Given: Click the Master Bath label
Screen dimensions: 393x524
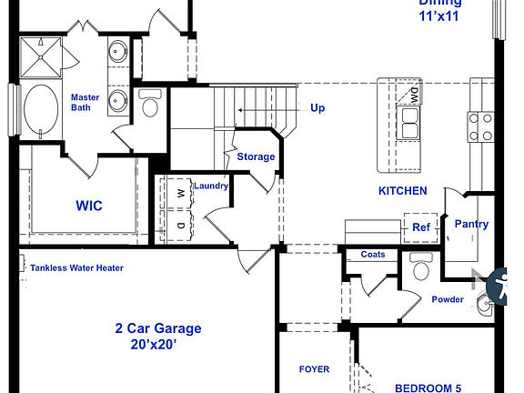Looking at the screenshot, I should click(x=86, y=102).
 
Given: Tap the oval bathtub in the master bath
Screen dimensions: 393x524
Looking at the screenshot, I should click(x=39, y=110).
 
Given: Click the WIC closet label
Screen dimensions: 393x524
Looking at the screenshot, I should click(x=89, y=206).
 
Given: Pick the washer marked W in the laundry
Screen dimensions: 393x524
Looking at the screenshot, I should click(x=180, y=195).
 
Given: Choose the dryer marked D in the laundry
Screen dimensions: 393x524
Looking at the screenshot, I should click(x=180, y=225).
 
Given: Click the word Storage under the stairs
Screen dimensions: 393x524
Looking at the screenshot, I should click(x=256, y=156).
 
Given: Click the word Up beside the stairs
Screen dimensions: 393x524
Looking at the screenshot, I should click(x=317, y=107).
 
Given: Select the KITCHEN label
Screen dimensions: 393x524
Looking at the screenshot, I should click(x=402, y=191).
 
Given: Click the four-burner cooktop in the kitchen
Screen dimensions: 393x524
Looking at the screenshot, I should click(x=479, y=126).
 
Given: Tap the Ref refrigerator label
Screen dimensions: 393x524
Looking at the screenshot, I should click(x=420, y=227).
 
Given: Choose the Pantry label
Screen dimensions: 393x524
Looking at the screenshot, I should click(x=471, y=224).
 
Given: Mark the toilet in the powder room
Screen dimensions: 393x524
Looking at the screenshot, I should click(x=419, y=268).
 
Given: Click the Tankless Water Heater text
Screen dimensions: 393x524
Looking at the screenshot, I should click(x=76, y=267).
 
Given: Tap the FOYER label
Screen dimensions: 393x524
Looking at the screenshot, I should click(x=314, y=369).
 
